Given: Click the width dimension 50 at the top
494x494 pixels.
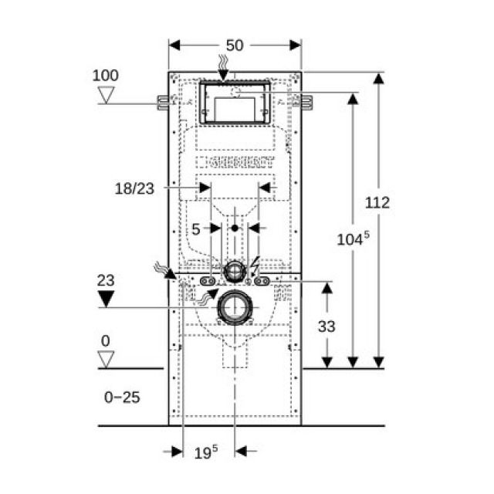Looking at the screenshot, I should (235, 46).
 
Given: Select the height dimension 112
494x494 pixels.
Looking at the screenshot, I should (377, 203).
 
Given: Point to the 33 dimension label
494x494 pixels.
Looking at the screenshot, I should (327, 326).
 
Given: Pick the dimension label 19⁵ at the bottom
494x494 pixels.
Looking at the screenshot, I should (205, 453).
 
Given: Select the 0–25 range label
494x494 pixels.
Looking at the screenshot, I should (121, 397).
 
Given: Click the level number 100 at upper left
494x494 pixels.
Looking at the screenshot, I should (106, 76).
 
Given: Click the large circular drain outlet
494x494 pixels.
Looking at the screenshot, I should (235, 308).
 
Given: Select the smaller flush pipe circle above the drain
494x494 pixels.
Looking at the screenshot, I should (235, 271).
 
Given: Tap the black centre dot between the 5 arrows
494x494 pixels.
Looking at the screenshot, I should (235, 228).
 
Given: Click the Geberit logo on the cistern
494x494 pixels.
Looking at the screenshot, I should (235, 164).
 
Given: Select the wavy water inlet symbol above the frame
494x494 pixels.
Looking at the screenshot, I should (224, 62).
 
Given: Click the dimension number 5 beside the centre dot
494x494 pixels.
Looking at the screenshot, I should (196, 228).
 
